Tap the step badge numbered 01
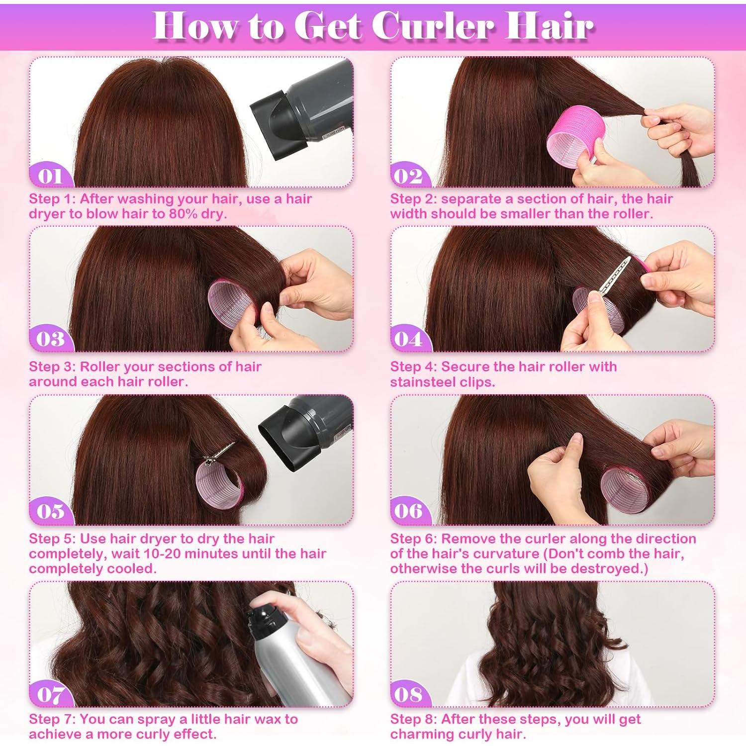click(50, 176)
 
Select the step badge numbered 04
click(409, 339)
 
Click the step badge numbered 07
click(50, 695)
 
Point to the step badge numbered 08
click(409, 695)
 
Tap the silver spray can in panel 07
click(293, 661)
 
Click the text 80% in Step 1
click(172, 214)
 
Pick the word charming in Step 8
click(422, 734)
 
